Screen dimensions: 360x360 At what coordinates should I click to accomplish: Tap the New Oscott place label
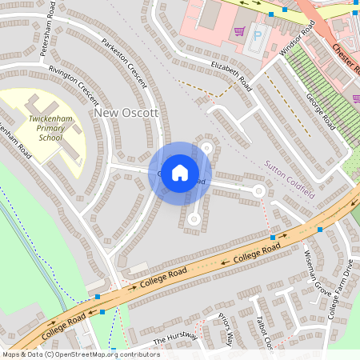(126, 114)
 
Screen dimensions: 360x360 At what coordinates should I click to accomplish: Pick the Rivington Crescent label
(74, 87)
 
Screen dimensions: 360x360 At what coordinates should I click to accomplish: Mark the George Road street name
(320, 112)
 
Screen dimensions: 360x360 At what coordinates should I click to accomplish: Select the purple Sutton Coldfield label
(290, 180)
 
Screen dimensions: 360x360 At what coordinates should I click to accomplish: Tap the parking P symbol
(258, 36)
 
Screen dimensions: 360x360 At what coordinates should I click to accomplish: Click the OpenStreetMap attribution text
(80, 354)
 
